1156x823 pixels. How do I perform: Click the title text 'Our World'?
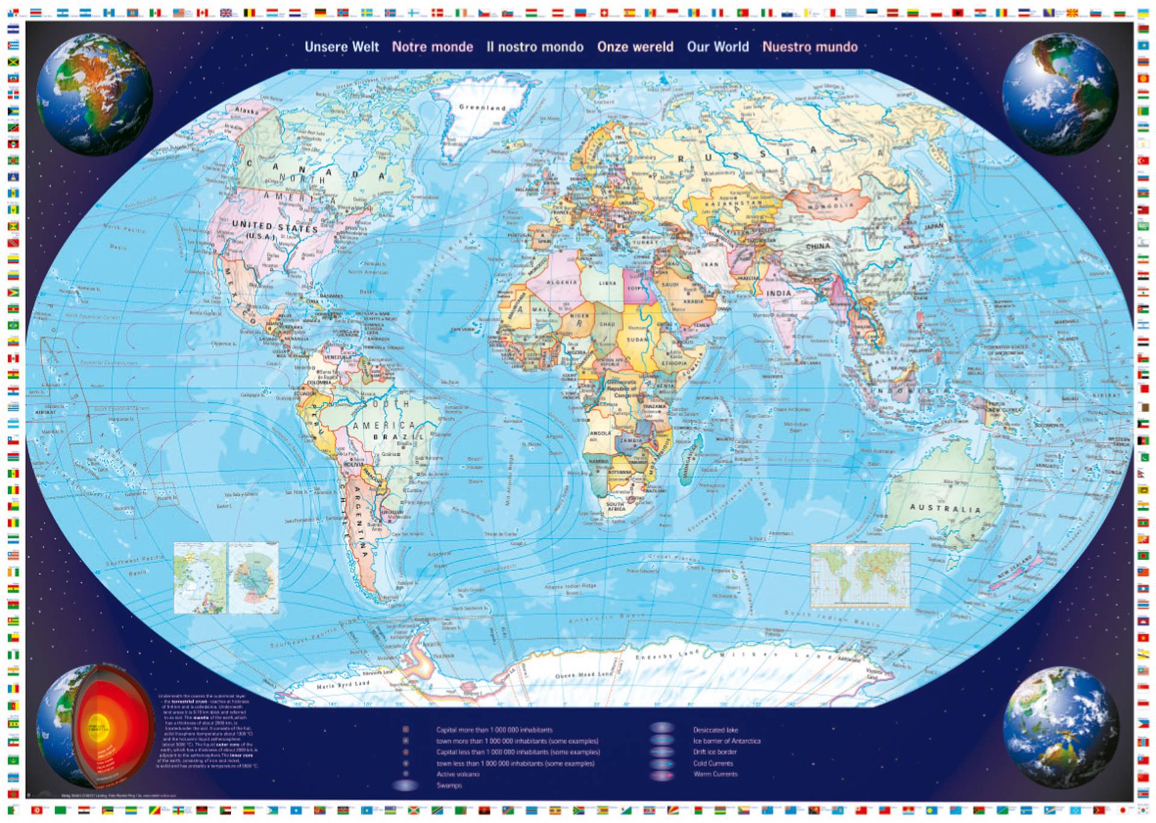(718, 47)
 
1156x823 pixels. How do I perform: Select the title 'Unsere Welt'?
(341, 47)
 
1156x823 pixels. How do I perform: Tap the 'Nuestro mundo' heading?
(810, 47)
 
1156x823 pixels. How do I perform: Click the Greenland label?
(482, 108)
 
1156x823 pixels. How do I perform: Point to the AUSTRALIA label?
(945, 508)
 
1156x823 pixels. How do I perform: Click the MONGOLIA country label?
(831, 206)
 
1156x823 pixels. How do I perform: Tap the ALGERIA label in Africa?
(561, 282)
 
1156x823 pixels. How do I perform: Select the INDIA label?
(778, 293)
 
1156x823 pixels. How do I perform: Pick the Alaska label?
(246, 111)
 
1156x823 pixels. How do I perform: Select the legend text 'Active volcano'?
(458, 774)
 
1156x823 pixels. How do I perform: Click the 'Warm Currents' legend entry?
(715, 774)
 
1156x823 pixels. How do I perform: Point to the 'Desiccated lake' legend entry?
(715, 730)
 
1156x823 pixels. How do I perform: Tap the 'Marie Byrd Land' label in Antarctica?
(343, 685)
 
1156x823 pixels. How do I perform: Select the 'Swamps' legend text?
(449, 786)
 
